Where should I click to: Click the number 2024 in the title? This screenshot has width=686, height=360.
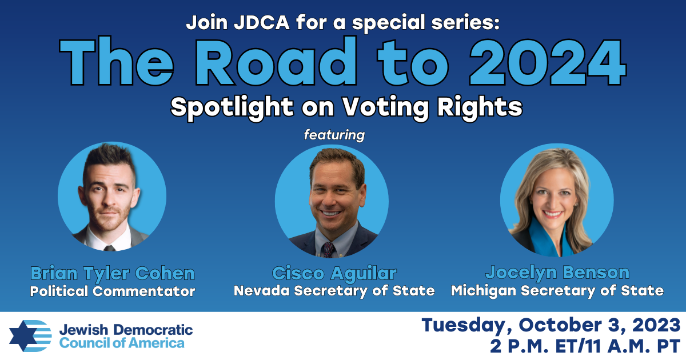click(548, 61)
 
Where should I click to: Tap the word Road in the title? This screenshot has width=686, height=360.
click(276, 61)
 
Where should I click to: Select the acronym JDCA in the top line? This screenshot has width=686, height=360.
click(262, 22)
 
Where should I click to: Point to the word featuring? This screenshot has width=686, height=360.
click(334, 135)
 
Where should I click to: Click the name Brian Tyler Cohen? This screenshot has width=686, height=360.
click(113, 273)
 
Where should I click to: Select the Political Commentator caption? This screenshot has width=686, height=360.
click(113, 291)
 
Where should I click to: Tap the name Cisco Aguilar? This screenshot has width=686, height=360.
click(334, 273)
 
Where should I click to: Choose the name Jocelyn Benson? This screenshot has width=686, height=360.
click(557, 273)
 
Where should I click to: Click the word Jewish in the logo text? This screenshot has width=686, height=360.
click(83, 330)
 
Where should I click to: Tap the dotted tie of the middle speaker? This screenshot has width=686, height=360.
click(328, 250)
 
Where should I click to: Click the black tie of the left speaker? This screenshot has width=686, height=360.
click(109, 248)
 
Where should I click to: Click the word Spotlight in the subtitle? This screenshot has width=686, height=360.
click(232, 108)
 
